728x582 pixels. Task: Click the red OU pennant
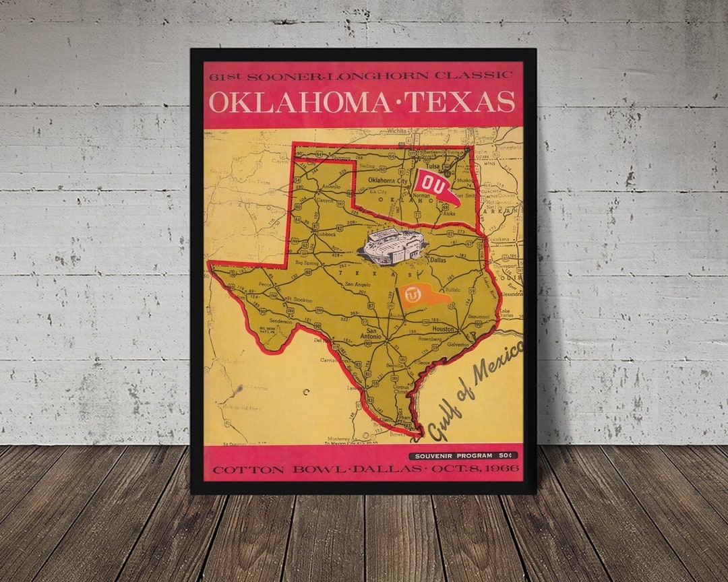click(x=435, y=186)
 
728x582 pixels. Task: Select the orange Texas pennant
click(x=421, y=296)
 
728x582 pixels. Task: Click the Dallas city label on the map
click(x=437, y=259)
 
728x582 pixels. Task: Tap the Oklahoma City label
click(x=388, y=181)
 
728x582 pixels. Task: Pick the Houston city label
click(x=443, y=329)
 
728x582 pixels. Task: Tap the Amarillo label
click(x=331, y=185)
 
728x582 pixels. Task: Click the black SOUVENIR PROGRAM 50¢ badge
click(x=463, y=456)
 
